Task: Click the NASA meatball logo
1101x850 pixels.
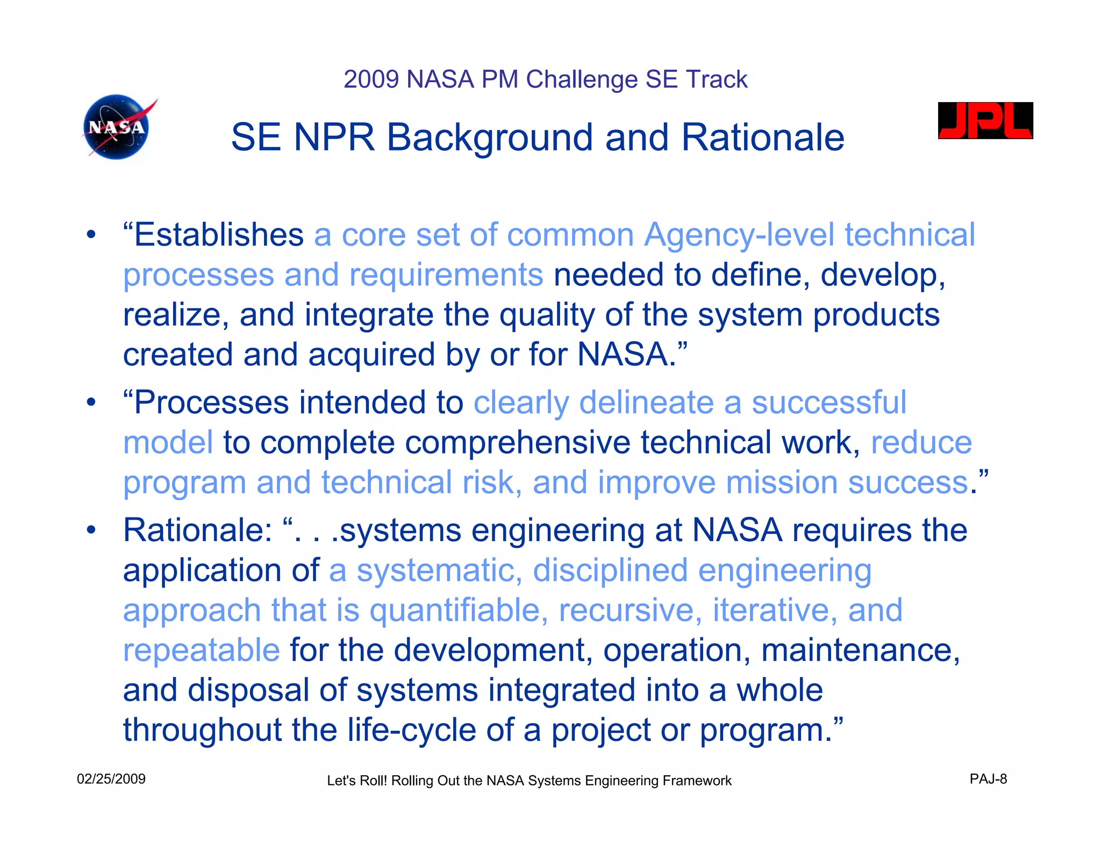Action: pyautogui.click(x=117, y=127)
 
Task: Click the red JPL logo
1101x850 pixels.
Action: pyautogui.click(x=985, y=121)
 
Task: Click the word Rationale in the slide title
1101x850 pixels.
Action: pyautogui.click(x=763, y=138)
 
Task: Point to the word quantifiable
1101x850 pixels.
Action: pyautogui.click(x=459, y=610)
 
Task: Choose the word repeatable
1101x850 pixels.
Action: pyautogui.click(x=201, y=650)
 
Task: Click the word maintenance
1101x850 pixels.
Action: pyautogui.click(x=860, y=650)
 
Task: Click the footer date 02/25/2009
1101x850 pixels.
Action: pyautogui.click(x=111, y=779)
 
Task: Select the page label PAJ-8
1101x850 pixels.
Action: pyautogui.click(x=988, y=779)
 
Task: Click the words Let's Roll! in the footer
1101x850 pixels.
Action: pyautogui.click(x=357, y=781)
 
